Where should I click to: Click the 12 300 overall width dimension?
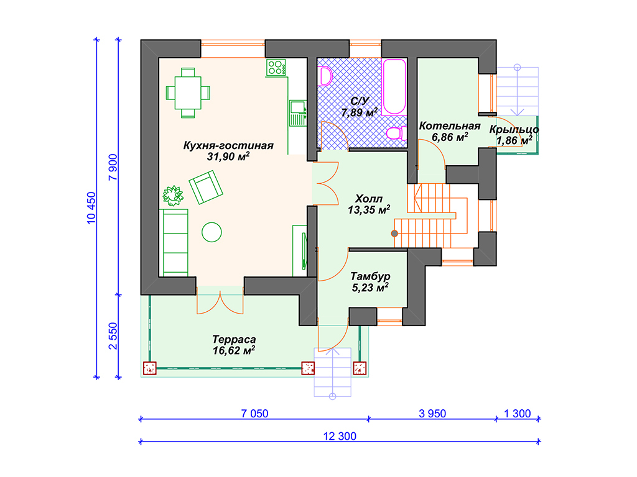click(x=340, y=437)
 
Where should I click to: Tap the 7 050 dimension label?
click(x=254, y=414)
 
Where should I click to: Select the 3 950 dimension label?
click(x=432, y=414)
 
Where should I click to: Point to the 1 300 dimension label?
click(x=517, y=414)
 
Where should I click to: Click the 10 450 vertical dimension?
click(x=91, y=208)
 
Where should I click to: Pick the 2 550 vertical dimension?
click(x=113, y=336)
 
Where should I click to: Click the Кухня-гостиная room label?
click(x=228, y=145)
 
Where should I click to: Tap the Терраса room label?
click(x=234, y=339)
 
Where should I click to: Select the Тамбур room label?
click(x=370, y=276)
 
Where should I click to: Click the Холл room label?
click(x=369, y=199)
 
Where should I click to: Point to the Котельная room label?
click(x=450, y=125)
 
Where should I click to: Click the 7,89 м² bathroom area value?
click(x=360, y=112)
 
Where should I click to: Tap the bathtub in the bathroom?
click(x=394, y=87)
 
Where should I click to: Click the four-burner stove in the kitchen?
click(x=276, y=68)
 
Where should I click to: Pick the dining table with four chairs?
click(x=188, y=93)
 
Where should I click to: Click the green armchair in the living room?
click(x=206, y=187)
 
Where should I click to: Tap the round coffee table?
click(x=212, y=232)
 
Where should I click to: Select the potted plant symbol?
click(x=173, y=196)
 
